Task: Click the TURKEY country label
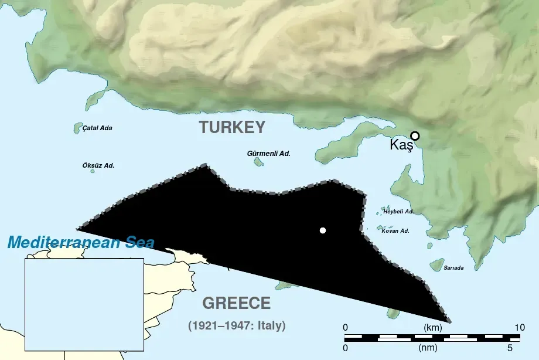point(232,127)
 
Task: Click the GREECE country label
point(236,303)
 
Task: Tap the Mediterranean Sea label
point(81,243)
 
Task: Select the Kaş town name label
point(401,146)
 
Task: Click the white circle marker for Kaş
point(415,136)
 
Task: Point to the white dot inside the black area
point(322,230)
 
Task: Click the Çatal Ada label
point(97,128)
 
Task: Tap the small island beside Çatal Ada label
point(77,128)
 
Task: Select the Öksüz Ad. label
point(98,165)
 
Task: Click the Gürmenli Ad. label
point(269,153)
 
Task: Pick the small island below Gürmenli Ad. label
point(258,162)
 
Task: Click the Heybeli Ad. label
point(398,211)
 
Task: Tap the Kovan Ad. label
point(395,231)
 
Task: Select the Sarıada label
point(453,268)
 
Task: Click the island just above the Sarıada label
point(436,265)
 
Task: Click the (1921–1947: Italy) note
point(237,325)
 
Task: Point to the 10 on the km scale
point(519,327)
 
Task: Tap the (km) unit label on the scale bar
point(432,327)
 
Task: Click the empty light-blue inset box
point(84,304)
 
